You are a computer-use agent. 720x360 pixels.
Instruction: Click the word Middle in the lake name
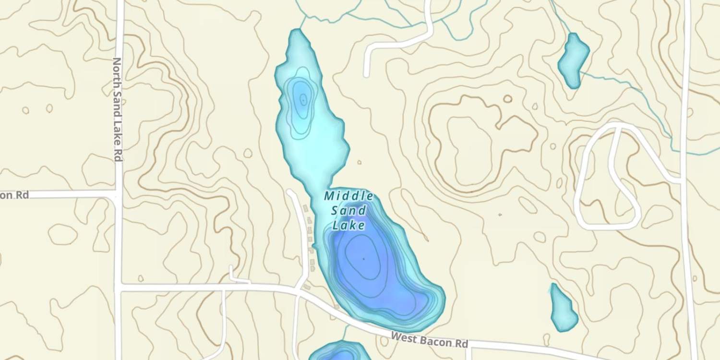(349, 196)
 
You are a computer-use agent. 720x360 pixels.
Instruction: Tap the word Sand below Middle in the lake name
(349, 210)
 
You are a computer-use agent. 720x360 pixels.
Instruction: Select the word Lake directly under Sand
(348, 225)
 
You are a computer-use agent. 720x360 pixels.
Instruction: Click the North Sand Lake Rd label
(117, 109)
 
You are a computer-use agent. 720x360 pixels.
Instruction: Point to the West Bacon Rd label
(429, 340)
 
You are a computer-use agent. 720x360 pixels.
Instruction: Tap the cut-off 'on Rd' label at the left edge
(14, 195)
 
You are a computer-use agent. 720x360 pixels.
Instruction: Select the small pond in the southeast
(563, 308)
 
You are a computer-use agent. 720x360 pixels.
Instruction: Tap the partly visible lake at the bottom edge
(340, 352)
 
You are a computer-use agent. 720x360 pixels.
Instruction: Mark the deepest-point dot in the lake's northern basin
(303, 100)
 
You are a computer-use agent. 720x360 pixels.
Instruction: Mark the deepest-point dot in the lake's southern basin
(363, 259)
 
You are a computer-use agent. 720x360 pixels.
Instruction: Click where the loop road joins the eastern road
(682, 180)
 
